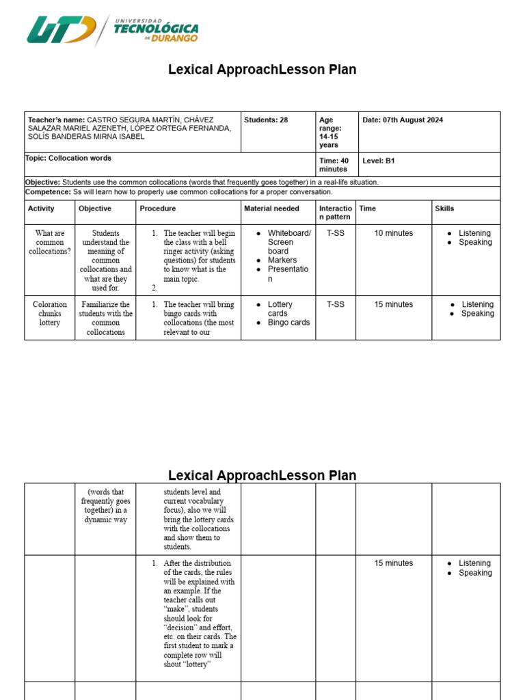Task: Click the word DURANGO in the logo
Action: coord(175,38)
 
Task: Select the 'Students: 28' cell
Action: coord(266,120)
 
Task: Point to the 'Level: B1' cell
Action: coord(379,161)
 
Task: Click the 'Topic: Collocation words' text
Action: coord(68,159)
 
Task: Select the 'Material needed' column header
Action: coord(271,208)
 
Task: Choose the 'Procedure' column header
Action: coord(158,208)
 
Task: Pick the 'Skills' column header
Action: coord(444,208)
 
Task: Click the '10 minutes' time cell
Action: coord(393,234)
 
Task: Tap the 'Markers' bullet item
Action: coord(282,260)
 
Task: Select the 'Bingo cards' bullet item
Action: coord(288,323)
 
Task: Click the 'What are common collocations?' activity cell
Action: coord(50,243)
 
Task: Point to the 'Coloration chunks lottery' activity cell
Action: coord(50,314)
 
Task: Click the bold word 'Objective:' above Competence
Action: coord(42,183)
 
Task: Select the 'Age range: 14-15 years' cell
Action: coord(330,133)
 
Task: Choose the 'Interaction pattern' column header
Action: coord(335,213)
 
